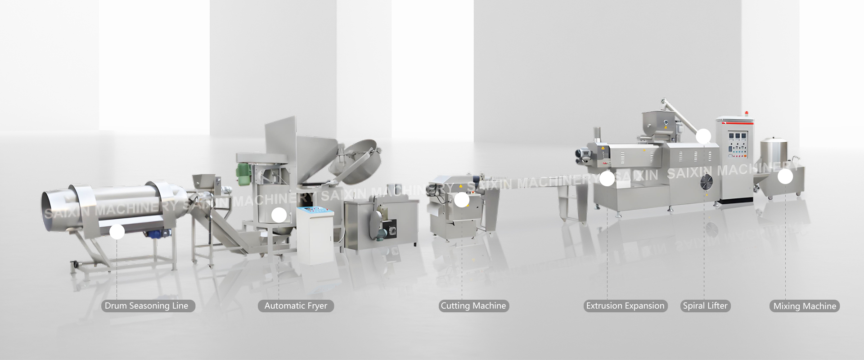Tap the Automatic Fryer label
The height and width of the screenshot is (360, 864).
pyautogui.click(x=296, y=306)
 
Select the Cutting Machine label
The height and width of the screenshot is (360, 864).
pyautogui.click(x=473, y=306)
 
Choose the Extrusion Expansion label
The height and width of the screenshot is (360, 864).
pyautogui.click(x=625, y=306)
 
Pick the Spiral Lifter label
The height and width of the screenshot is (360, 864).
pyautogui.click(x=705, y=306)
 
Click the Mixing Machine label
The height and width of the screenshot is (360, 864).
pyautogui.click(x=805, y=306)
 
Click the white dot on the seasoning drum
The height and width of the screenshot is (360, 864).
pyautogui.click(x=117, y=232)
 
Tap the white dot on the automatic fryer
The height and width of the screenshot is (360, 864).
pyautogui.click(x=279, y=215)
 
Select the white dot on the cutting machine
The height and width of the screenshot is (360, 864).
pyautogui.click(x=462, y=200)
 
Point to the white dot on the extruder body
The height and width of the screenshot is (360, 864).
pyautogui.click(x=607, y=179)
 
